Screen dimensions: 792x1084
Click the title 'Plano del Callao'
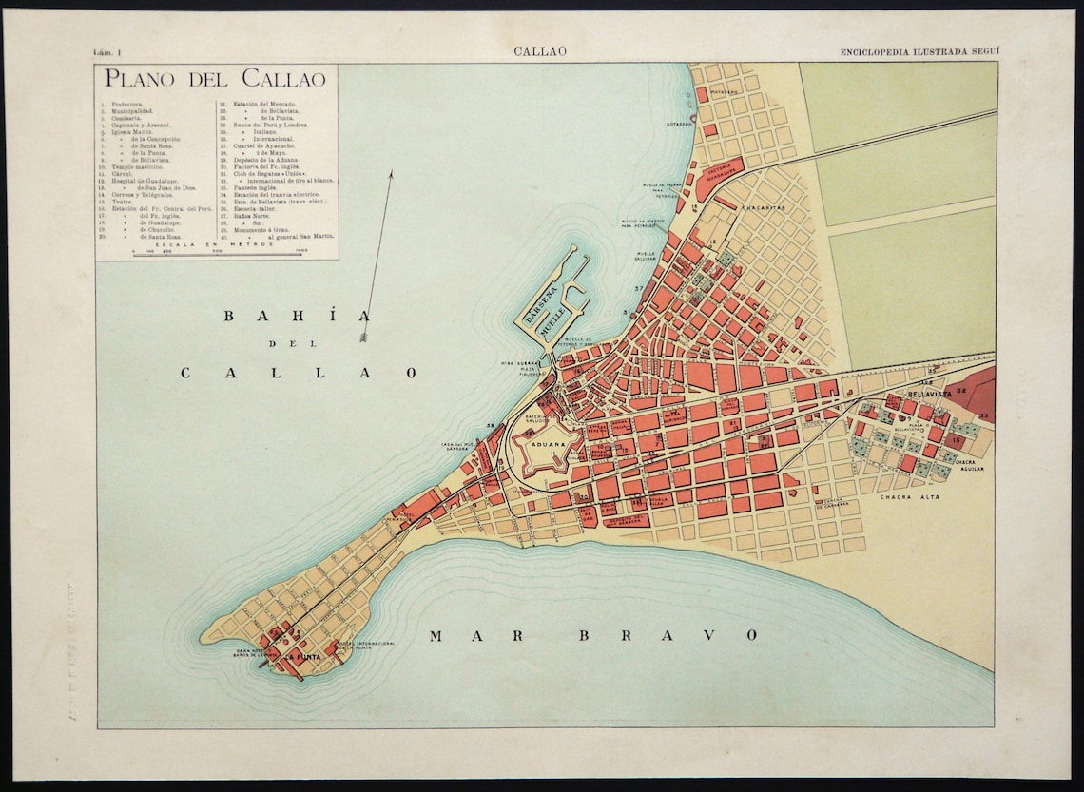pos(215,79)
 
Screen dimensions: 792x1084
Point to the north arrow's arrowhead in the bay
pos(363,335)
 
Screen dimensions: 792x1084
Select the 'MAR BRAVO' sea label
pos(593,635)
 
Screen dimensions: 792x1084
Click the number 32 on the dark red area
pos(961,390)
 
